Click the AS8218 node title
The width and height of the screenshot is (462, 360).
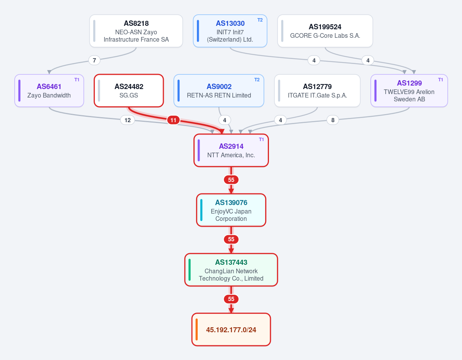tap(136, 23)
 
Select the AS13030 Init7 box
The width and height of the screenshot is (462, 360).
tap(230, 31)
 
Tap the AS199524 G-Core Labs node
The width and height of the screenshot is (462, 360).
tap(325, 31)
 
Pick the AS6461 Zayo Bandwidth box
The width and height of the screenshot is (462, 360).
tap(49, 91)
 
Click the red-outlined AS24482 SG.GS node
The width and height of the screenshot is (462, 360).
tap(129, 91)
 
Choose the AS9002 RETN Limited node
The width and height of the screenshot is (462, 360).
tap(219, 91)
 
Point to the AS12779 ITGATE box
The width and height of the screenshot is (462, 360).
tap(318, 91)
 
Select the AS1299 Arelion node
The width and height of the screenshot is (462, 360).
tap(409, 91)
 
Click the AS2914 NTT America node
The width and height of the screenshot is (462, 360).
tap(231, 150)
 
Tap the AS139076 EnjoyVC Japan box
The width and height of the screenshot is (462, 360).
tap(231, 210)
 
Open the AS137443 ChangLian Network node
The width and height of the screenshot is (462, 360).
tap(231, 270)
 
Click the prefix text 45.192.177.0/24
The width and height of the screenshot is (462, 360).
tap(231, 330)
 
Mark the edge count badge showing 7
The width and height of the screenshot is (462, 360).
tap(94, 61)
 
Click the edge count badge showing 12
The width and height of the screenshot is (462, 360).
tap(128, 120)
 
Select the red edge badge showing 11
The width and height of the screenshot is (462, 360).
tap(173, 120)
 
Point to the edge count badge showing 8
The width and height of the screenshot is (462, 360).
tap(333, 120)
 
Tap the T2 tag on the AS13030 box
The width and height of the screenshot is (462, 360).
tap(260, 20)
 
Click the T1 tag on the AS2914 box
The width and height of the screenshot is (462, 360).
tap(261, 140)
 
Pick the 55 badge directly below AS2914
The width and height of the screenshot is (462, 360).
tap(231, 180)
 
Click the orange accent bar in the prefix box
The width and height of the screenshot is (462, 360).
tap(197, 329)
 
